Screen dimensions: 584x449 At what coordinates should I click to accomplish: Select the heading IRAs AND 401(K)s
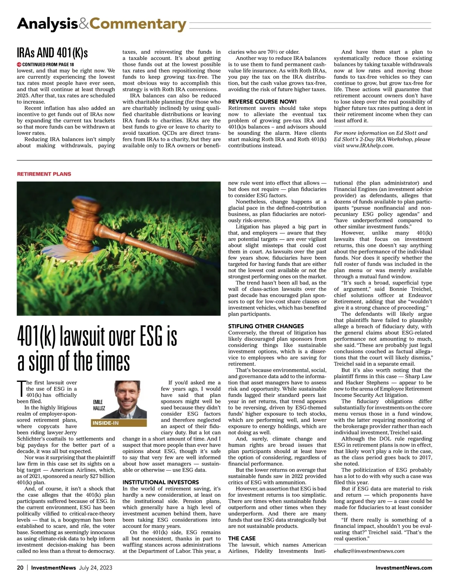click(52, 53)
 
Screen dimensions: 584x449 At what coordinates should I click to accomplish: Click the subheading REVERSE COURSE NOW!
click(262, 102)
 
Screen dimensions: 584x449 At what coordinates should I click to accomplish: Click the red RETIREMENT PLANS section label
click(44, 174)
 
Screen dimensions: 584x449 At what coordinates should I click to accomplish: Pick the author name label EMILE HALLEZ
click(99, 405)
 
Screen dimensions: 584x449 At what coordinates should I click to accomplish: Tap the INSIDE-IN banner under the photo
click(106, 423)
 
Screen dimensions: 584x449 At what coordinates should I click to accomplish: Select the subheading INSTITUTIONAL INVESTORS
click(161, 482)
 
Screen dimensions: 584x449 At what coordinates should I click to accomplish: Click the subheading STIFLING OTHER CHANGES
click(266, 326)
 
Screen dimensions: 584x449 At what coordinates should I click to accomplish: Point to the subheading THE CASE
click(242, 538)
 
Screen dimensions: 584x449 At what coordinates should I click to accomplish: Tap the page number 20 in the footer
click(20, 568)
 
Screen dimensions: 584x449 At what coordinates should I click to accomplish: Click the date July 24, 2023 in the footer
click(95, 568)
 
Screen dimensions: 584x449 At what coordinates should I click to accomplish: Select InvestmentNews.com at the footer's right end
click(404, 568)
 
